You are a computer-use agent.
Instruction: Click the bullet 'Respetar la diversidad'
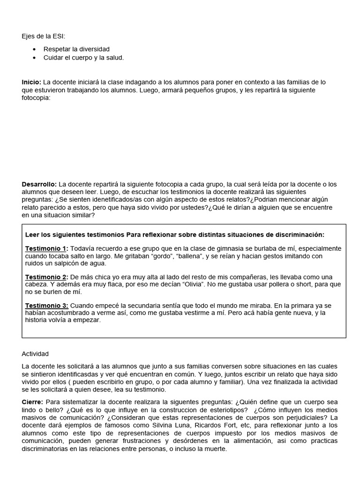[x=76, y=49]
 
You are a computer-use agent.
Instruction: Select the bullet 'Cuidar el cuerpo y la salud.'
[x=83, y=57]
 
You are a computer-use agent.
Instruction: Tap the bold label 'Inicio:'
[x=31, y=82]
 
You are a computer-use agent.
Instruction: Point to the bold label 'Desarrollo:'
[x=39, y=184]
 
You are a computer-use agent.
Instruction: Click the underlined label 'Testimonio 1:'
[x=46, y=248]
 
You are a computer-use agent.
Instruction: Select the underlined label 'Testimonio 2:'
[x=46, y=277]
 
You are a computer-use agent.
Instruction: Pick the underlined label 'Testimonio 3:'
[x=46, y=306]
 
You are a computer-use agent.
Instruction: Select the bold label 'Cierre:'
[x=33, y=402]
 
